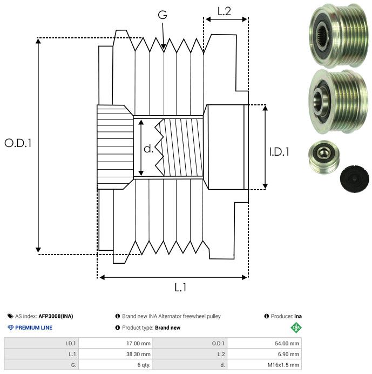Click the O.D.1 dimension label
[x=18, y=143]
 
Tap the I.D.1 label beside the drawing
[x=279, y=152]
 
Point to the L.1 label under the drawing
[x=180, y=288]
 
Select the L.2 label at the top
[x=224, y=11]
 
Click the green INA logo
[x=296, y=327]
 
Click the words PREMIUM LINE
[x=34, y=328]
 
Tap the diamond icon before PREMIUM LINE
[x=10, y=328]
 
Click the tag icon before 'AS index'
[x=10, y=316]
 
